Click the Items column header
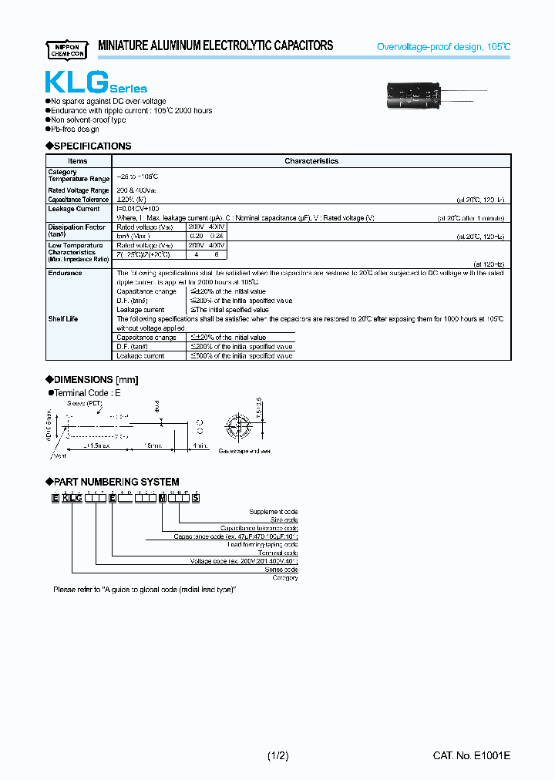78,161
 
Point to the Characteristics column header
311,161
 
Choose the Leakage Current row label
73,209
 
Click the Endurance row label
65,273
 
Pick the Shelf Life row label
62,319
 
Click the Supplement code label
273,512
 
